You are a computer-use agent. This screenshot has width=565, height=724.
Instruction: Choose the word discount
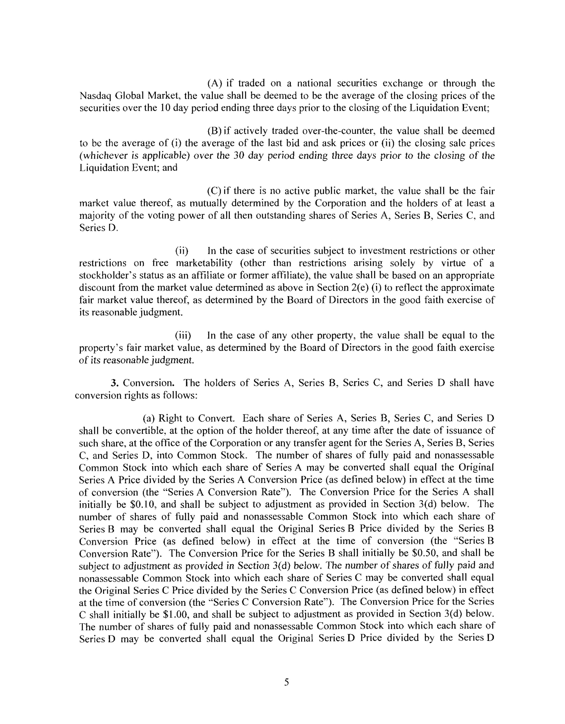tap(95, 288)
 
